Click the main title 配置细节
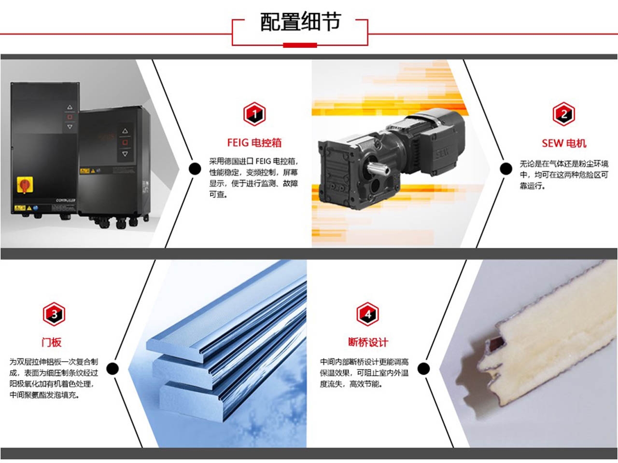click(x=300, y=22)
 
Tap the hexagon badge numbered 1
click(x=254, y=114)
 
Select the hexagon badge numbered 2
click(x=563, y=114)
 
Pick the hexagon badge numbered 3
click(x=54, y=314)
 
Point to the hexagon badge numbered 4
click(x=368, y=314)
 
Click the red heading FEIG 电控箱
click(x=254, y=143)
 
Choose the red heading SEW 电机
click(x=564, y=143)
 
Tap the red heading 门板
click(x=52, y=342)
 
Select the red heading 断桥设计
click(x=368, y=342)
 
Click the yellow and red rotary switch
click(x=25, y=185)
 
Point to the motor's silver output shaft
click(x=378, y=169)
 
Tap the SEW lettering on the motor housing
click(x=443, y=153)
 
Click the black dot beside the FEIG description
click(x=195, y=169)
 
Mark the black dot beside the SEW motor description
click(x=506, y=169)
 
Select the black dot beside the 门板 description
click(x=112, y=368)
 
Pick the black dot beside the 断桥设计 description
click(x=424, y=368)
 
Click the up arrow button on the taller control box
click(x=70, y=107)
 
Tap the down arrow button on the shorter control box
click(x=125, y=154)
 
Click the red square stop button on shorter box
click(x=125, y=142)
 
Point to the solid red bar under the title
click(x=300, y=45)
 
